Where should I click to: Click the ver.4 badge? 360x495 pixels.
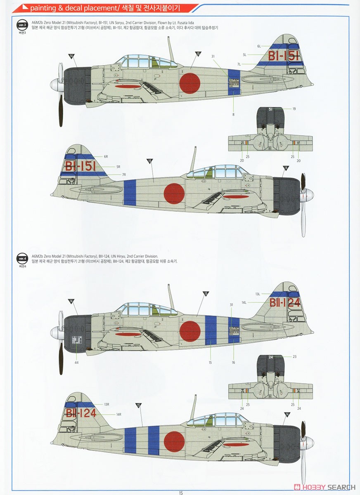click(x=22, y=259)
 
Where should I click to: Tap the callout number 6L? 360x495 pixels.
click(x=259, y=46)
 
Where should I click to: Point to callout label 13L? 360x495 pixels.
click(x=258, y=294)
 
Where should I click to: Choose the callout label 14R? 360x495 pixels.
click(x=118, y=414)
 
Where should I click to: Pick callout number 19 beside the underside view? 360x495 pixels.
click(x=294, y=109)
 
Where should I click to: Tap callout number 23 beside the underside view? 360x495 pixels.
click(x=294, y=356)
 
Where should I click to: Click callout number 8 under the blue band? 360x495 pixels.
click(x=233, y=114)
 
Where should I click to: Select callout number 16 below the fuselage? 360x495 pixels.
click(x=233, y=362)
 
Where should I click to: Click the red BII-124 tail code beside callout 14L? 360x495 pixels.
click(x=285, y=303)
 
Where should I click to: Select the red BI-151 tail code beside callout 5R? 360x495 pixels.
click(x=81, y=166)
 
